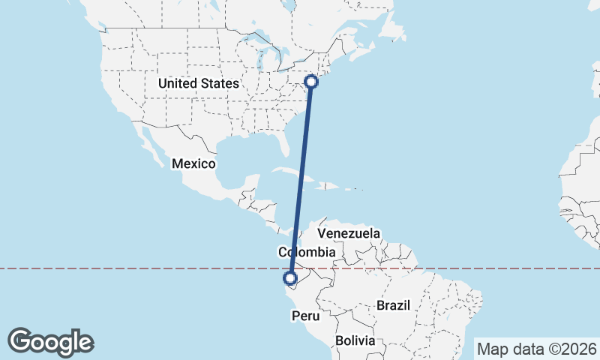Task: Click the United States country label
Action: [199, 83]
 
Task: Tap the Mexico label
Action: [193, 163]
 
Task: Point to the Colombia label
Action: [306, 252]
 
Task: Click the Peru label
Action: [306, 316]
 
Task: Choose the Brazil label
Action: [394, 305]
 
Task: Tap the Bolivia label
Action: [355, 340]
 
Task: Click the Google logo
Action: [50, 342]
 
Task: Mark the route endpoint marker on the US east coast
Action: [311, 82]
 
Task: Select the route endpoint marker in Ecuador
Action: [291, 280]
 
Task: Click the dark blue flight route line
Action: [301, 180]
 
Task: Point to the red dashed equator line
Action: [150, 268]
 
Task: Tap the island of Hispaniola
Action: [330, 184]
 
